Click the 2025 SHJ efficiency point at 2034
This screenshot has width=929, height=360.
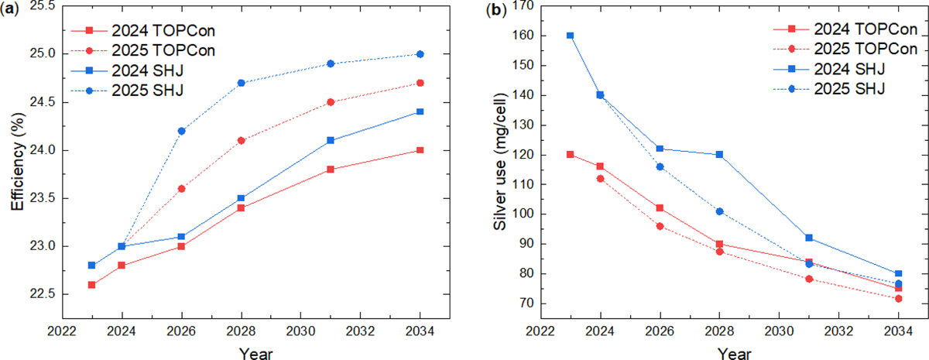coord(420,54)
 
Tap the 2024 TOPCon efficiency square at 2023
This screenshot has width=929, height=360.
coord(92,284)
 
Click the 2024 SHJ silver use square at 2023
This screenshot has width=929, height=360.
coord(571,36)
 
